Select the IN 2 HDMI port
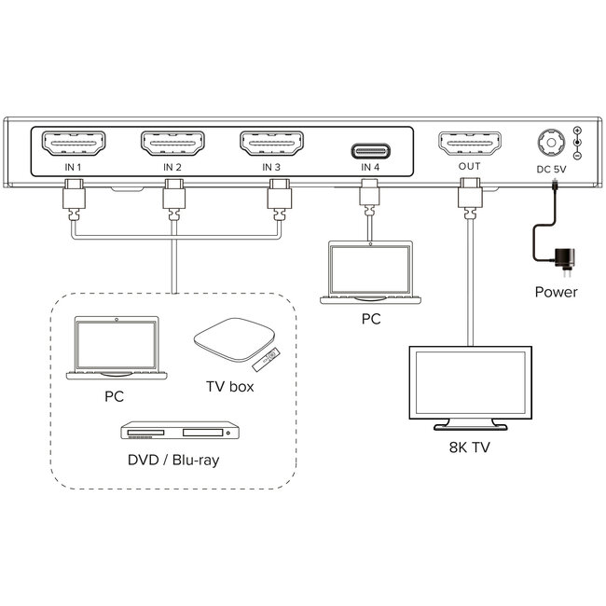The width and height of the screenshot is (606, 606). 172,144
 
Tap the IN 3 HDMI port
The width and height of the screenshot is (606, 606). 271,144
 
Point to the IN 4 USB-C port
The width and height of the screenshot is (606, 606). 370,149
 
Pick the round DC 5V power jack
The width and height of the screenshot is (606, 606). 548,145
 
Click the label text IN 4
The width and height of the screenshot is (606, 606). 370,168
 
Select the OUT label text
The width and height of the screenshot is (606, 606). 469,168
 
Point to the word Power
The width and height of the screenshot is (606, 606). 556,292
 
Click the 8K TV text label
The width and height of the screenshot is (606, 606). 469,448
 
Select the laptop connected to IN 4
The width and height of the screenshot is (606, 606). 370,272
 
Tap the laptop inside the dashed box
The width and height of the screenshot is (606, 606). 116,348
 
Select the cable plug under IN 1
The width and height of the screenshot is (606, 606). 73,200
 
